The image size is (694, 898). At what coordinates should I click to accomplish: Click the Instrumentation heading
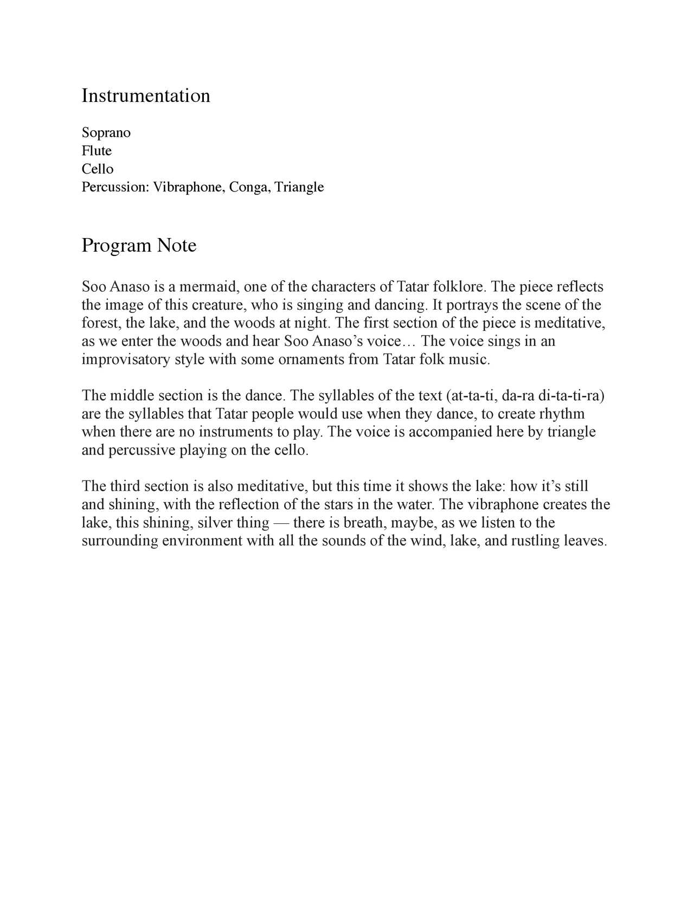(146, 96)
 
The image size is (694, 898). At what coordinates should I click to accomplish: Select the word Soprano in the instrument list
(106, 133)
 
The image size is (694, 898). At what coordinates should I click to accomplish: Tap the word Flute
(97, 151)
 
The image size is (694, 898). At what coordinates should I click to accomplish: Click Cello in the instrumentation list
(98, 169)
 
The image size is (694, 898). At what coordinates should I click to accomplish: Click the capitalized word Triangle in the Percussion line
(299, 188)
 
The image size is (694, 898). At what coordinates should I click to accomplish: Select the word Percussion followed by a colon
(115, 188)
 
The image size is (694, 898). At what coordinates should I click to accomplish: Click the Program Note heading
(139, 246)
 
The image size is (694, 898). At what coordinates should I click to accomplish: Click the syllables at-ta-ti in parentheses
(471, 396)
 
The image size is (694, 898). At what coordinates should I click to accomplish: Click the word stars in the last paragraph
(338, 505)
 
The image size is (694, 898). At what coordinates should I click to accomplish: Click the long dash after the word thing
(281, 523)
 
